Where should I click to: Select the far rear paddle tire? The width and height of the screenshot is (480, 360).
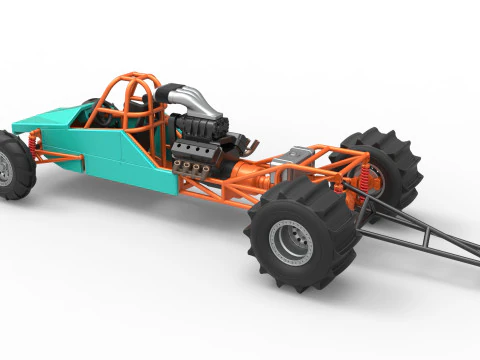pyautogui.click(x=385, y=160)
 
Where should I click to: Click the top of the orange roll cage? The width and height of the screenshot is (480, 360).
pyautogui.click(x=134, y=78)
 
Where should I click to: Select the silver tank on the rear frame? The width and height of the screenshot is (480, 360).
pyautogui.click(x=296, y=155)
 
